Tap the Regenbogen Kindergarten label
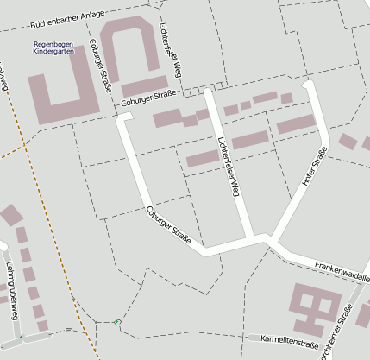53,47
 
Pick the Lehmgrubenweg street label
11,290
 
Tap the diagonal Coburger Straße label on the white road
168,223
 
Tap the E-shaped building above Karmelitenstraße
313,307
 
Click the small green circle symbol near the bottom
118,322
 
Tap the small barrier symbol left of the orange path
67,330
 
